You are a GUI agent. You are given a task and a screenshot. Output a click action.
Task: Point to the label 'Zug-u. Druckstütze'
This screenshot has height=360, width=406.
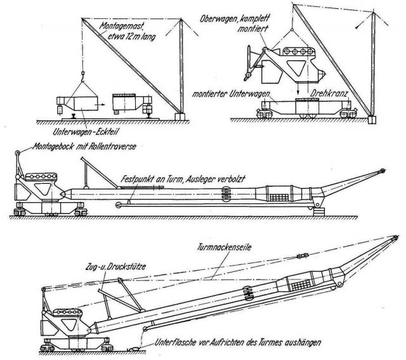click(118, 267)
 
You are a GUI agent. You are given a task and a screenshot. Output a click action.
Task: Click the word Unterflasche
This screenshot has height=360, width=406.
click(178, 344)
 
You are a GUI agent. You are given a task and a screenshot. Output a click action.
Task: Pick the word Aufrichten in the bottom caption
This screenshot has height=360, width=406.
click(233, 344)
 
